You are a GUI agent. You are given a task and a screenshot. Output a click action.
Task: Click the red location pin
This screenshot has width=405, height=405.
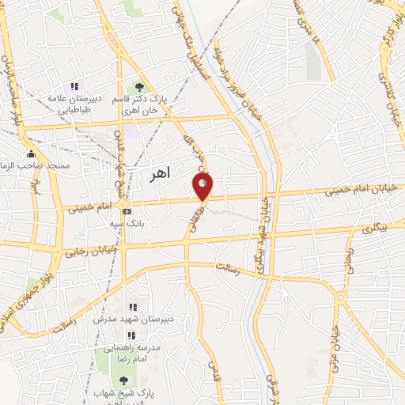[x=203, y=186]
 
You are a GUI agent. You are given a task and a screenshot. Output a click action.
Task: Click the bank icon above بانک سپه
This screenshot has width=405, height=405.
[x=127, y=211]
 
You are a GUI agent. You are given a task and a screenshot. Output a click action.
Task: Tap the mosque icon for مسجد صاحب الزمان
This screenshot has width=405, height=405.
[x=31, y=153]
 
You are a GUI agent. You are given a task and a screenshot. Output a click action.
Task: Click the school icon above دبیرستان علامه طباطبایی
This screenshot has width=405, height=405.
[x=74, y=86]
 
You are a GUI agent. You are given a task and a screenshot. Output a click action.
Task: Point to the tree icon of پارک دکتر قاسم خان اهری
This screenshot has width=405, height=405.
[x=139, y=86]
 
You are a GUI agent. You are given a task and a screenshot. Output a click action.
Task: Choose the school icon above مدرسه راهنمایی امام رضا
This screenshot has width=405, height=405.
[x=132, y=335]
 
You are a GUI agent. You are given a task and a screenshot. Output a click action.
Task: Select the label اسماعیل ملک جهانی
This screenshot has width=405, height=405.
[x=191, y=47]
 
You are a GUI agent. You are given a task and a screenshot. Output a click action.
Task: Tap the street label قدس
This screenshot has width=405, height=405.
[x=214, y=379]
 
